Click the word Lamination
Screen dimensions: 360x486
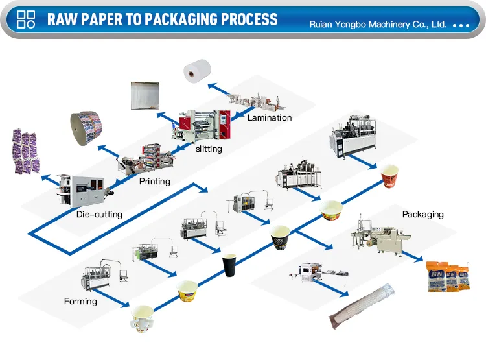270,118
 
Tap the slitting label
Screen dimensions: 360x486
209,149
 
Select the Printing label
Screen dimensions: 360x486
155,182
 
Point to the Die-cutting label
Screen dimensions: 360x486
99,214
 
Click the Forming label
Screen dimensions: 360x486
80,301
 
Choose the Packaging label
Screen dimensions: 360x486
422,214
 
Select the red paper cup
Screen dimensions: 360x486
388,176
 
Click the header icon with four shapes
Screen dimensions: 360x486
25,19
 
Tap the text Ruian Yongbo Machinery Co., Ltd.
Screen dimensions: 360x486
378,24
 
